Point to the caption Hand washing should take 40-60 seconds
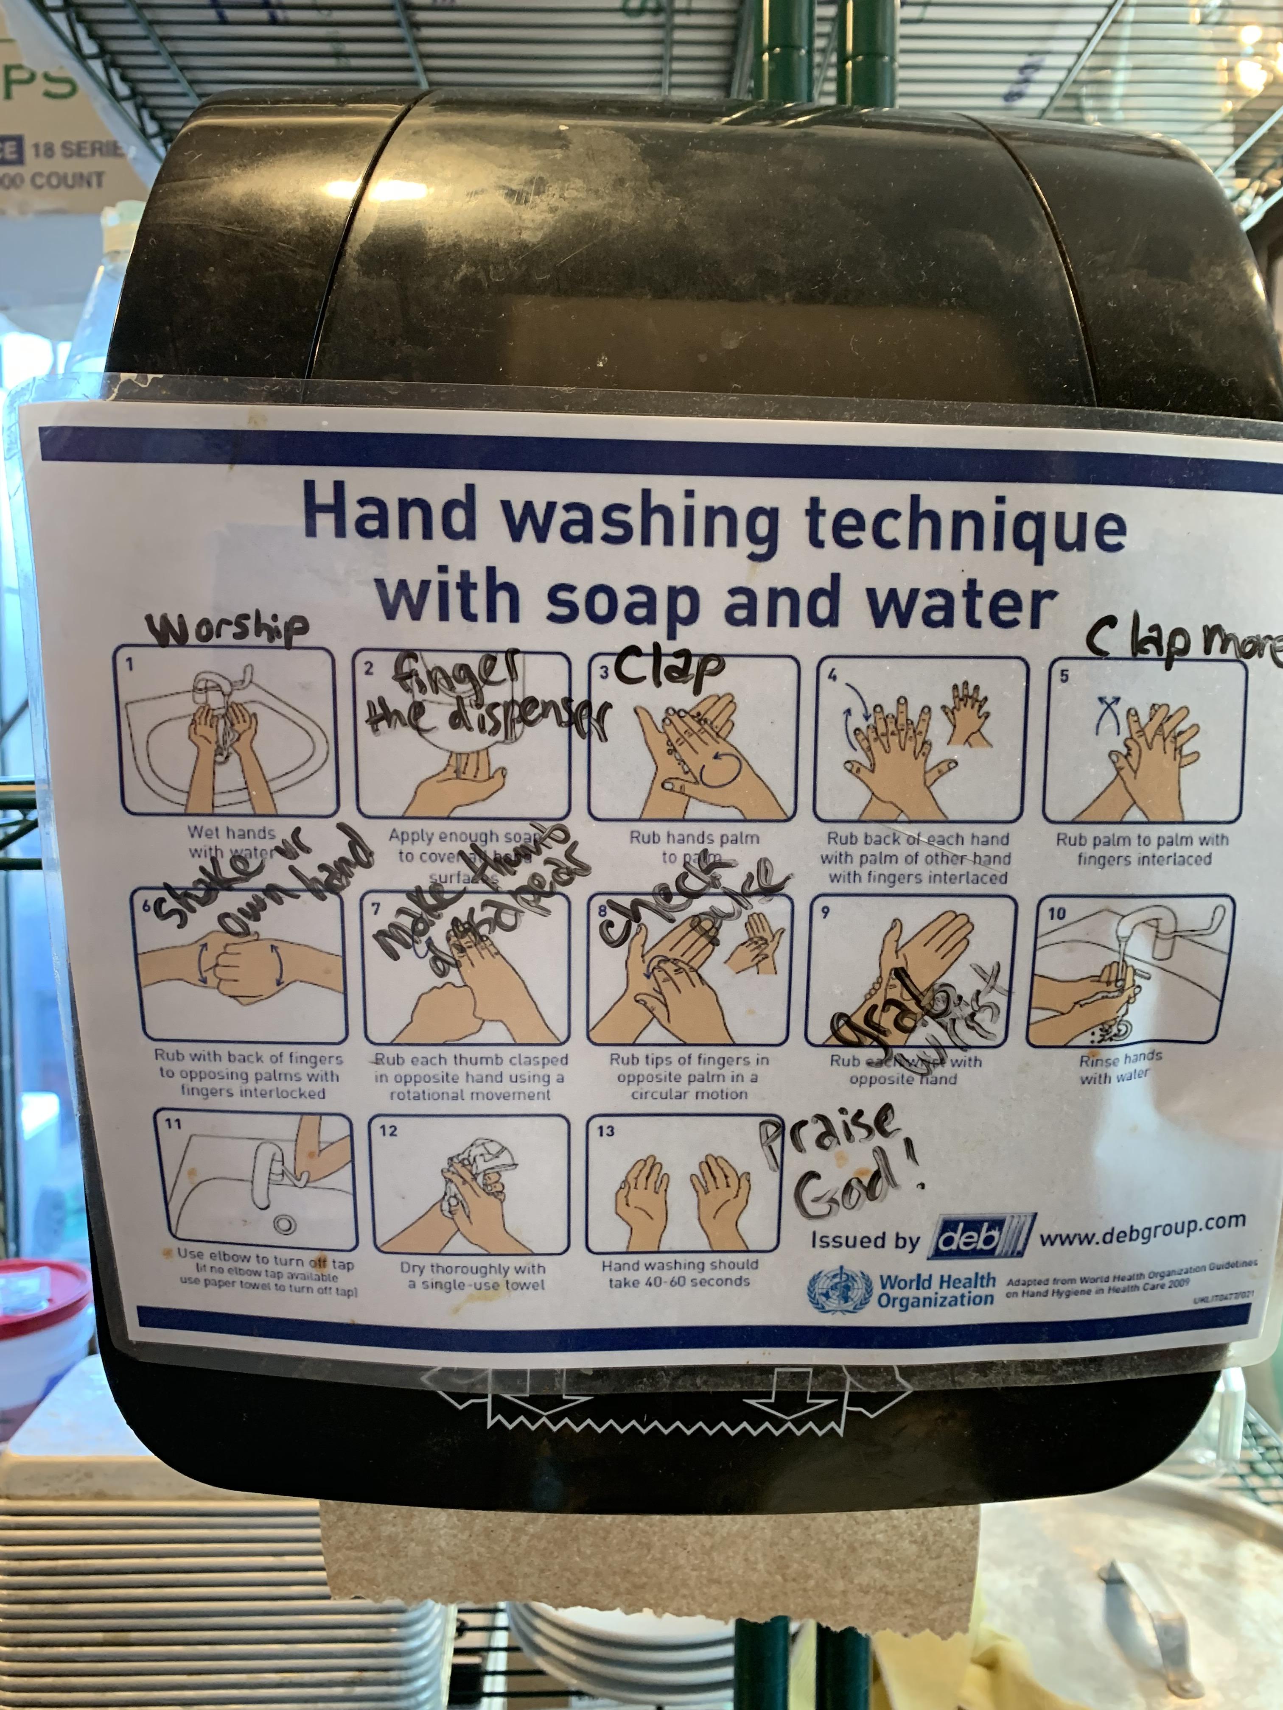point(679,1273)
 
